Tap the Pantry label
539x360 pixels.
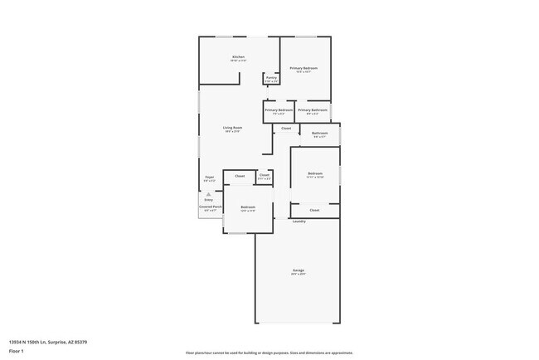coord(271,78)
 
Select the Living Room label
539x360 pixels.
coord(231,127)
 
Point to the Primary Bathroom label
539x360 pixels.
coord(313,110)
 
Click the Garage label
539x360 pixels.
coord(299,270)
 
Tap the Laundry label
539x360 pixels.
coord(299,221)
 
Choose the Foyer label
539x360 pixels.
coord(210,177)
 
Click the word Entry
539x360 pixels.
coord(209,200)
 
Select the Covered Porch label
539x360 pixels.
coord(210,207)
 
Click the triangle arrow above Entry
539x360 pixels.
coord(209,193)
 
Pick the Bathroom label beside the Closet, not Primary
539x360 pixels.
coord(319,133)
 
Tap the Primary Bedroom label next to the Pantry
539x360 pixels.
coord(303,68)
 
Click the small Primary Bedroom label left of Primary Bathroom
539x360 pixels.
coord(279,110)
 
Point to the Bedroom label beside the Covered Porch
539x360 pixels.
coord(247,207)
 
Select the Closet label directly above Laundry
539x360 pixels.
coord(314,211)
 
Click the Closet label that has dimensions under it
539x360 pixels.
coord(264,175)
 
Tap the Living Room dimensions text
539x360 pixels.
coord(231,131)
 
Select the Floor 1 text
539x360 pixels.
coord(16,351)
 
